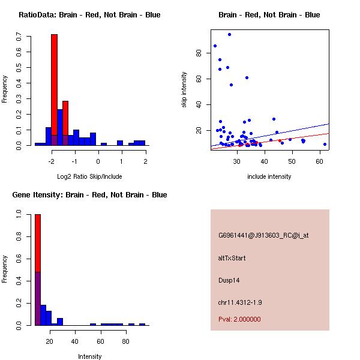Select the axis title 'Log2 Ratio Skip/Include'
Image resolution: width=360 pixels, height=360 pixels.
(x=89, y=176)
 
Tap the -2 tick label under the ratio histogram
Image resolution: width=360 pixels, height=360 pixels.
(x=52, y=161)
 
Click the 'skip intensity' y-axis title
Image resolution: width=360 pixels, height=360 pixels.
(x=184, y=90)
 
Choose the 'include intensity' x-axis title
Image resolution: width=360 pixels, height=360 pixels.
(x=269, y=176)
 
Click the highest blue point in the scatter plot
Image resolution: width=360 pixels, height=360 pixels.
(x=229, y=35)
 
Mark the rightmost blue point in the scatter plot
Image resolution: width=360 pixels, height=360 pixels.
(x=325, y=144)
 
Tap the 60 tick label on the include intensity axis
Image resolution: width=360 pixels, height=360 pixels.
(x=319, y=161)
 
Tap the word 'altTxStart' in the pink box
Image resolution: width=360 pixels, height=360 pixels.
(x=232, y=258)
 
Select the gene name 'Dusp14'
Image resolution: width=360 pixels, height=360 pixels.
(x=229, y=280)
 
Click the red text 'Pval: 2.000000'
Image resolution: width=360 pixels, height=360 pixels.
(x=239, y=319)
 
